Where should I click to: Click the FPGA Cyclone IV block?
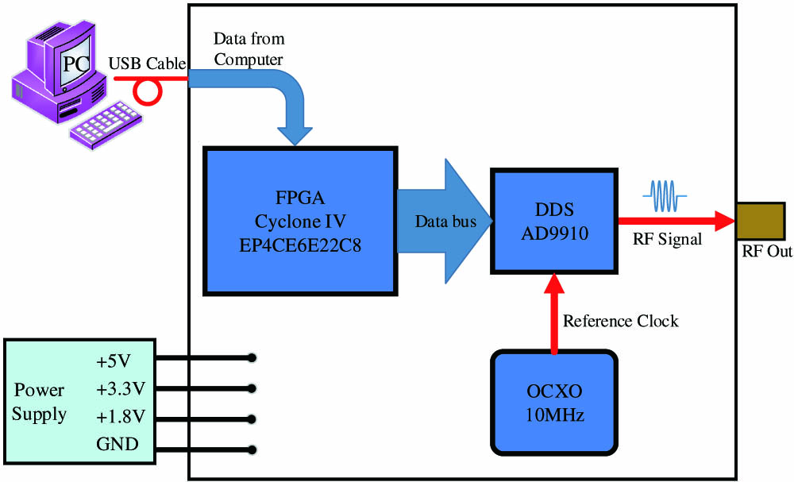coord(300,221)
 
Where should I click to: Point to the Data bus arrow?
coord(444,222)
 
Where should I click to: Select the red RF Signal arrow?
coord(675,222)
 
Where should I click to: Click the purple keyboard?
coord(107,123)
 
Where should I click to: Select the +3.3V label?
coord(121,388)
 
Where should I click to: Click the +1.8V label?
coord(121,416)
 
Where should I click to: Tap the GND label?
coord(118,444)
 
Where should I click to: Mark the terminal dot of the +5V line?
coord(252,358)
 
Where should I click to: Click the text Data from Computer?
coord(249,49)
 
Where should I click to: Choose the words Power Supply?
coord(40,403)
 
